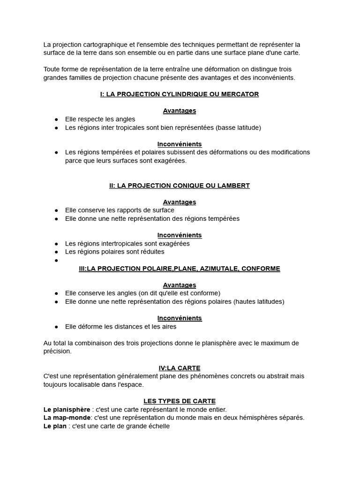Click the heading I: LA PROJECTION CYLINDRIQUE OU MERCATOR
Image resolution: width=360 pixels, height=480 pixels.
pos(180,94)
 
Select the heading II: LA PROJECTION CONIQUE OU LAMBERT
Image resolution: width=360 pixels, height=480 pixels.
pos(180,186)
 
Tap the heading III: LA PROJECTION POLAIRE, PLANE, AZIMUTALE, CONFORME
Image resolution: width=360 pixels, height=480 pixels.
pos(180,269)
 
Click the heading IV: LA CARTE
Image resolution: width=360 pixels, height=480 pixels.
pos(180,368)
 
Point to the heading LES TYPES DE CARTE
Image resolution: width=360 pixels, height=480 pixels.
pos(180,401)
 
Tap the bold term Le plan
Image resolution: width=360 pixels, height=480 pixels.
pos(55,426)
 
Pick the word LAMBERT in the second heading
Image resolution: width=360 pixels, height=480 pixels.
pos(232,186)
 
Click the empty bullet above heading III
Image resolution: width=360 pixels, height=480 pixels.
pos(56,261)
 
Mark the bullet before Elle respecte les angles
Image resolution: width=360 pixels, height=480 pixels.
pos(56,120)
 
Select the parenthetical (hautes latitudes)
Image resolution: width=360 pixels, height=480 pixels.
pos(259,301)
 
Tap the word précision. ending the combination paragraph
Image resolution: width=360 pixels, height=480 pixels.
pos(58,351)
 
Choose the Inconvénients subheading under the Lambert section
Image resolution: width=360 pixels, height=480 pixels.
pos(180,235)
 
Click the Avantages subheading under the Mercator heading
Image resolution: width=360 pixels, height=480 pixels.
pos(180,111)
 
